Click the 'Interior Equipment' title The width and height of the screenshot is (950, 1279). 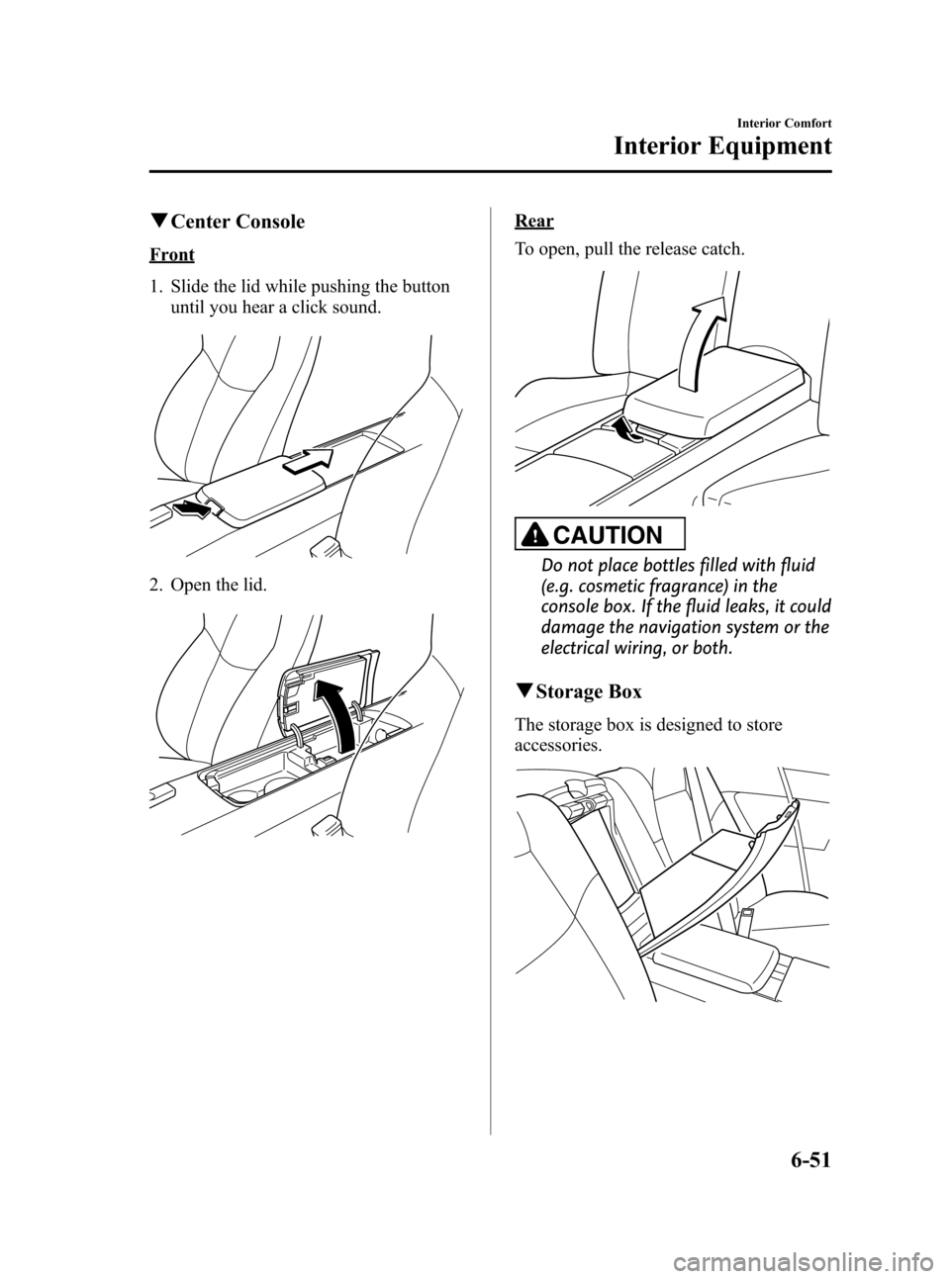coord(722,146)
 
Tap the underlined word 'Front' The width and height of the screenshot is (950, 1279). coord(171,254)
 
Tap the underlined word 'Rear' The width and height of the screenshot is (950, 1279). coord(533,221)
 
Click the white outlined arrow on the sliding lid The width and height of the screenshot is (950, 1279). coord(309,461)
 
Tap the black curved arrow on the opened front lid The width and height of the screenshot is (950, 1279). coord(336,714)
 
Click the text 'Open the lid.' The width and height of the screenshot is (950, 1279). coord(219,586)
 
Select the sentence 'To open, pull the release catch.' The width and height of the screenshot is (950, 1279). coord(629,249)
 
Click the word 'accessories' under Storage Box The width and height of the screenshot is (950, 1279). coord(556,745)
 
